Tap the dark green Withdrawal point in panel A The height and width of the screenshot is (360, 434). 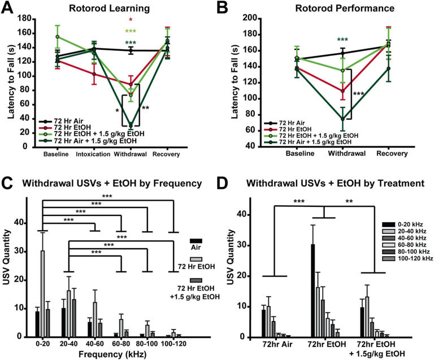tap(132, 125)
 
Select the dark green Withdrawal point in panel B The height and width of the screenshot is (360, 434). tap(342, 119)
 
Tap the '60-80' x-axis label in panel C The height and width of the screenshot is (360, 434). tap(130, 344)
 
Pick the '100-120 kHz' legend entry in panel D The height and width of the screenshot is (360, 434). tap(402, 258)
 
